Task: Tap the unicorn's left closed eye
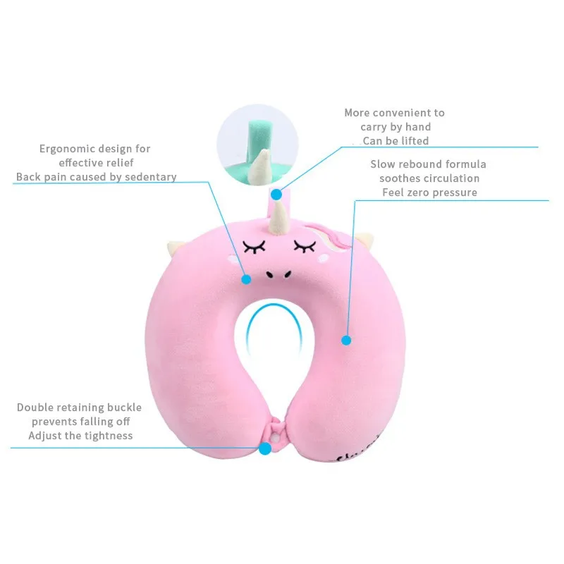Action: point(255,246)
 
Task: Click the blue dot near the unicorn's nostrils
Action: point(246,279)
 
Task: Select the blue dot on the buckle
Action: point(265,448)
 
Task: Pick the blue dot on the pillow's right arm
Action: point(346,340)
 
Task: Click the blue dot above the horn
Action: point(277,192)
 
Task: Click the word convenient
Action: point(404,113)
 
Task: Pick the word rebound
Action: point(420,164)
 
